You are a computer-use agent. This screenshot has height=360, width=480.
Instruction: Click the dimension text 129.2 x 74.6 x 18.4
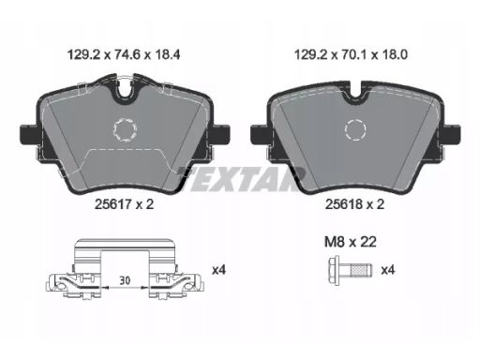click(x=124, y=55)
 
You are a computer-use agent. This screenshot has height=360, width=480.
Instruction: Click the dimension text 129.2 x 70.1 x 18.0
click(x=351, y=55)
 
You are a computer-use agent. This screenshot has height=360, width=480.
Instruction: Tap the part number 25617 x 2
click(x=124, y=204)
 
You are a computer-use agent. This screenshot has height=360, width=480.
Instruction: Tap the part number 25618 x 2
click(x=354, y=204)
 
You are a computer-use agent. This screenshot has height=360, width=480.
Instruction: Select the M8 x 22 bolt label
click(x=351, y=242)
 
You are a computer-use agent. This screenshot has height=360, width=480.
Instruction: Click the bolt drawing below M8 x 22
click(x=350, y=270)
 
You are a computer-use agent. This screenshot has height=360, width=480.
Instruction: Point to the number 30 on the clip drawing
click(x=125, y=280)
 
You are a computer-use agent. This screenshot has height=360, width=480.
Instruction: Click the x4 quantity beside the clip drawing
click(x=218, y=270)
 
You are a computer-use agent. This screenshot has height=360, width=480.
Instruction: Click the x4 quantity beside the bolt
click(x=388, y=270)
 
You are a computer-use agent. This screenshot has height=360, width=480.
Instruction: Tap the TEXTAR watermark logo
click(x=241, y=179)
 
